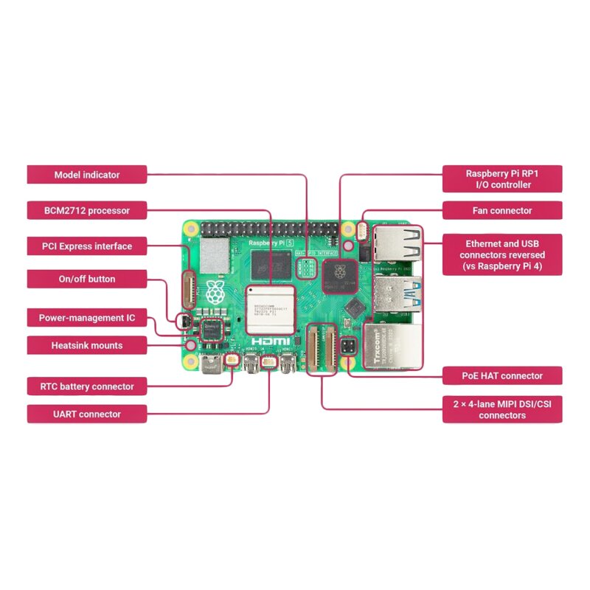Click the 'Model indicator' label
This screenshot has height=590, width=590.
click(x=87, y=175)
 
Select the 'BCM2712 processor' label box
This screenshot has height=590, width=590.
click(x=87, y=210)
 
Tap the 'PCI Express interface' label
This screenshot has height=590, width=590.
click(x=87, y=246)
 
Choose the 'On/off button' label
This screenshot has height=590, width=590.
click(x=87, y=279)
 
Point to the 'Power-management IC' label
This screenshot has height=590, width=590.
click(x=87, y=318)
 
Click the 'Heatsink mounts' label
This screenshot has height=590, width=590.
click(x=87, y=344)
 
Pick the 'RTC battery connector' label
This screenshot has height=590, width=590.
click(x=87, y=386)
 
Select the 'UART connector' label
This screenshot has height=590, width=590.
click(x=87, y=414)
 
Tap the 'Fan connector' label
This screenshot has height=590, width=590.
click(x=502, y=210)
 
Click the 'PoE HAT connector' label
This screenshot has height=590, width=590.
click(x=502, y=375)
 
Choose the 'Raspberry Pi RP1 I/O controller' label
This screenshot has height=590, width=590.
click(x=502, y=178)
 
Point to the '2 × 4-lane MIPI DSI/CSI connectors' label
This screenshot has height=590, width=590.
click(x=502, y=409)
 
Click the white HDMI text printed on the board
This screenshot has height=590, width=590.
click(x=270, y=342)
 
